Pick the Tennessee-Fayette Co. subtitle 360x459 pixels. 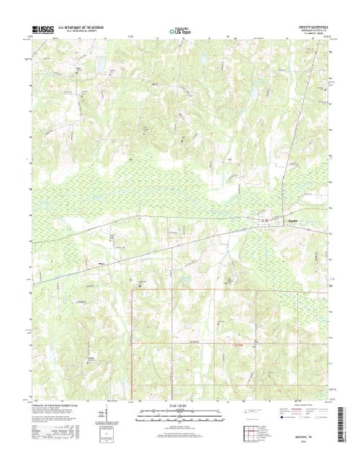310,29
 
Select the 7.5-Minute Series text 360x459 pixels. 310,32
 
